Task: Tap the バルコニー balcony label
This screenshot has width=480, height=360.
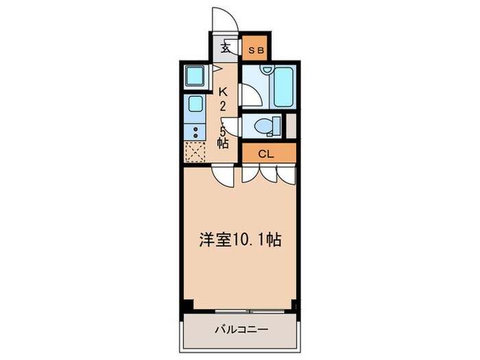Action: pos(240,328)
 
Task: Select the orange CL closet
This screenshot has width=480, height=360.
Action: pos(268,154)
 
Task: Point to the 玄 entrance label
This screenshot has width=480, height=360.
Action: pos(225,49)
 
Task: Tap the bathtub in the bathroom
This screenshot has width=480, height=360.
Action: pos(283,87)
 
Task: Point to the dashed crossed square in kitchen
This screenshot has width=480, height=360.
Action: pos(195,151)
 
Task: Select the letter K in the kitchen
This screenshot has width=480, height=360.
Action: pos(223,91)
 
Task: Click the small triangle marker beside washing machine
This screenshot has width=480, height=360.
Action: pos(216,68)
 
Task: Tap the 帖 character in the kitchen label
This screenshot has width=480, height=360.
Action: pos(223,143)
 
